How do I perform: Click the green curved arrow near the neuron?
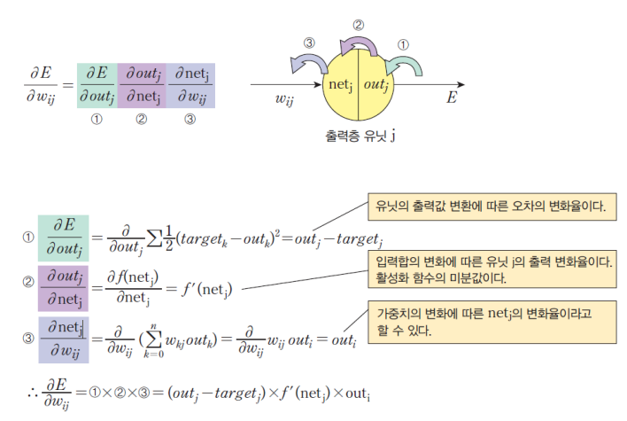point(408,63)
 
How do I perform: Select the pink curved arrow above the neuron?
point(360,43)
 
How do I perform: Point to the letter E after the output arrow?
point(452,97)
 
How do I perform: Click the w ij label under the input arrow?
point(284,99)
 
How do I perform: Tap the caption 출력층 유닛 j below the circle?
point(360,136)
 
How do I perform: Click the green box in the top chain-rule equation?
point(97,85)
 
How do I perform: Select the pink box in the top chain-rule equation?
point(142,85)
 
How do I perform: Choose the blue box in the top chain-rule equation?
point(190,85)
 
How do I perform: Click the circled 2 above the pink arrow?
point(359,25)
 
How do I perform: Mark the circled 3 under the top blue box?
point(190,119)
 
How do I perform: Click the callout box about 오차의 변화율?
point(492,207)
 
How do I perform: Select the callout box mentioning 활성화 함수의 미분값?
point(492,269)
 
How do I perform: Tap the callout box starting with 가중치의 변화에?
point(492,322)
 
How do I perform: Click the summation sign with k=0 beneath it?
point(154,339)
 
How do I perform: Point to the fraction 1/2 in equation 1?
point(169,238)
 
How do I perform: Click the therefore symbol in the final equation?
point(33,392)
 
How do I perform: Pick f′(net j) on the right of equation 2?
point(206,289)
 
